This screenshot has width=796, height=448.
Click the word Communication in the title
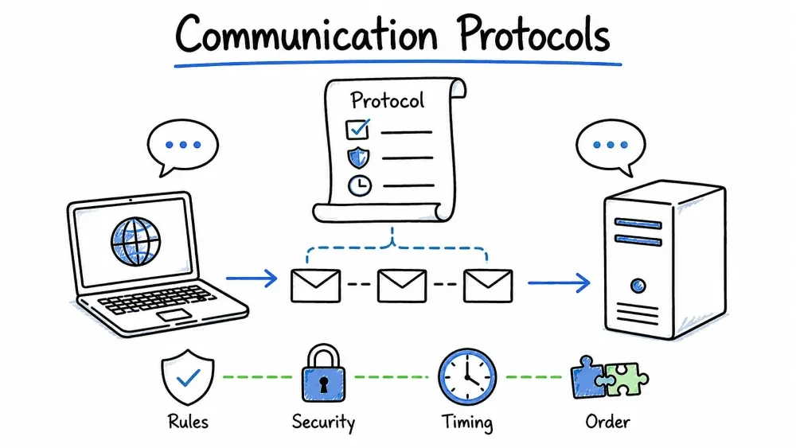tap(306, 34)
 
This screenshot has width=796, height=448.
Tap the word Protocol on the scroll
tap(388, 100)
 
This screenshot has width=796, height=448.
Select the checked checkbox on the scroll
tap(358, 129)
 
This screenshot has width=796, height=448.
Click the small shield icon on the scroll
tap(358, 158)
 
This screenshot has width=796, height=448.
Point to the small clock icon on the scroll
tap(360, 185)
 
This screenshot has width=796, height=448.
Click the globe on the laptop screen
tap(135, 241)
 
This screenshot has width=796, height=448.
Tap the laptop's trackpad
tap(174, 315)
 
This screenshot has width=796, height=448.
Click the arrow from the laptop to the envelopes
tap(252, 279)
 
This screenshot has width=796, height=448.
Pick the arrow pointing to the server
tap(559, 282)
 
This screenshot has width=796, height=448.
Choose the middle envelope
tap(401, 286)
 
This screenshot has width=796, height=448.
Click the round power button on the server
tap(638, 286)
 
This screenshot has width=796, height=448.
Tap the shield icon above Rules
tap(188, 377)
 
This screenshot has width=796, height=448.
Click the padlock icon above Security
tap(323, 374)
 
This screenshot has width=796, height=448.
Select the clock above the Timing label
tap(467, 376)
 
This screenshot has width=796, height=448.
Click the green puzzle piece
tap(626, 380)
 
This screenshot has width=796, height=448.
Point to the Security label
tap(323, 422)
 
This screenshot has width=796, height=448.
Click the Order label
tap(607, 422)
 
